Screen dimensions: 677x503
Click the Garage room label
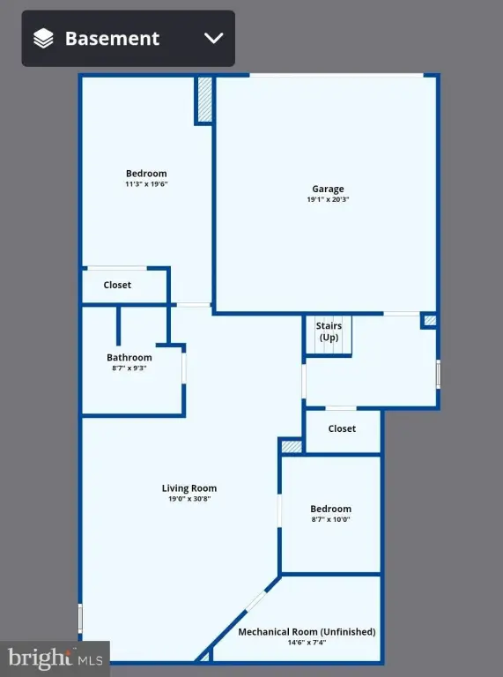click(x=328, y=189)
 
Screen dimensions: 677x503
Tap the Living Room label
click(x=189, y=488)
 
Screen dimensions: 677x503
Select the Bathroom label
click(x=129, y=357)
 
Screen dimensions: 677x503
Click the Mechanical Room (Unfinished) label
click(x=307, y=632)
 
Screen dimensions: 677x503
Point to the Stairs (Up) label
click(x=329, y=331)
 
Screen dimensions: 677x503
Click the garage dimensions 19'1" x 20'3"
click(x=328, y=200)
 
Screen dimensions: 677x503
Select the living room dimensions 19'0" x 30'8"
click(x=189, y=499)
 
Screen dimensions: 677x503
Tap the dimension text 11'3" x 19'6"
click(x=145, y=185)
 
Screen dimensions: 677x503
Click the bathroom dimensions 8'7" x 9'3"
click(x=129, y=368)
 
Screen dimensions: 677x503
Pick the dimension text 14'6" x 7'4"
click(x=307, y=644)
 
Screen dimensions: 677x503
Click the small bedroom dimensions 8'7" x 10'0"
click(x=330, y=520)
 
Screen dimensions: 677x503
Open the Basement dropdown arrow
click(x=214, y=38)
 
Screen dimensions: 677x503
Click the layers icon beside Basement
click(x=43, y=38)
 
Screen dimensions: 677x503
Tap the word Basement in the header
click(x=112, y=39)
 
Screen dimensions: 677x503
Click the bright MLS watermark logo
click(x=55, y=658)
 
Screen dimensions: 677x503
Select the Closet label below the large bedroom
click(x=117, y=285)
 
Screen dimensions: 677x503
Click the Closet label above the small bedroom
click(x=342, y=428)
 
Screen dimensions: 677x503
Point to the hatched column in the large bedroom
click(x=204, y=100)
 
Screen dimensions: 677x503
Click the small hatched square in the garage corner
click(x=430, y=321)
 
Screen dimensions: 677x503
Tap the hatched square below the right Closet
click(x=292, y=447)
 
